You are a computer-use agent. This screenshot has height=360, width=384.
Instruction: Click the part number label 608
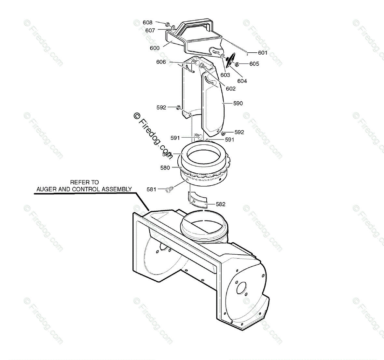(x=147, y=22)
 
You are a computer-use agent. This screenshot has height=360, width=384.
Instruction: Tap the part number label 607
(x=150, y=30)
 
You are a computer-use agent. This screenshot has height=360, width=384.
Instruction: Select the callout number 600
(x=155, y=48)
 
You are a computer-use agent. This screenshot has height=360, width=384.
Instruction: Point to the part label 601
(x=263, y=53)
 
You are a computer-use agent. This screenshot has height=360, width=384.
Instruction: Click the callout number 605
(x=254, y=64)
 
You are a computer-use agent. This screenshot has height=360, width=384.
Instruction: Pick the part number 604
(x=242, y=81)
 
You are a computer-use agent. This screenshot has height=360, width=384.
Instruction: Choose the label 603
(x=225, y=75)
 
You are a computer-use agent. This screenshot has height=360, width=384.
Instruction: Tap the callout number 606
(x=161, y=62)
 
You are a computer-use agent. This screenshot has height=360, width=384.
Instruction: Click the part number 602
(x=230, y=89)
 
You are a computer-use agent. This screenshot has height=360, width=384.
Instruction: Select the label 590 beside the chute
(x=238, y=103)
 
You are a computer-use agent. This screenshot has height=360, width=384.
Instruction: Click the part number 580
(x=165, y=168)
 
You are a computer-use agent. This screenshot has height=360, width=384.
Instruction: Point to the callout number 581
(x=152, y=189)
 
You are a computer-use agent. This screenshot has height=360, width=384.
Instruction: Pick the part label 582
(x=220, y=204)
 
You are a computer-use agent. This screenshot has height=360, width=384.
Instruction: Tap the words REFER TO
(x=84, y=182)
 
